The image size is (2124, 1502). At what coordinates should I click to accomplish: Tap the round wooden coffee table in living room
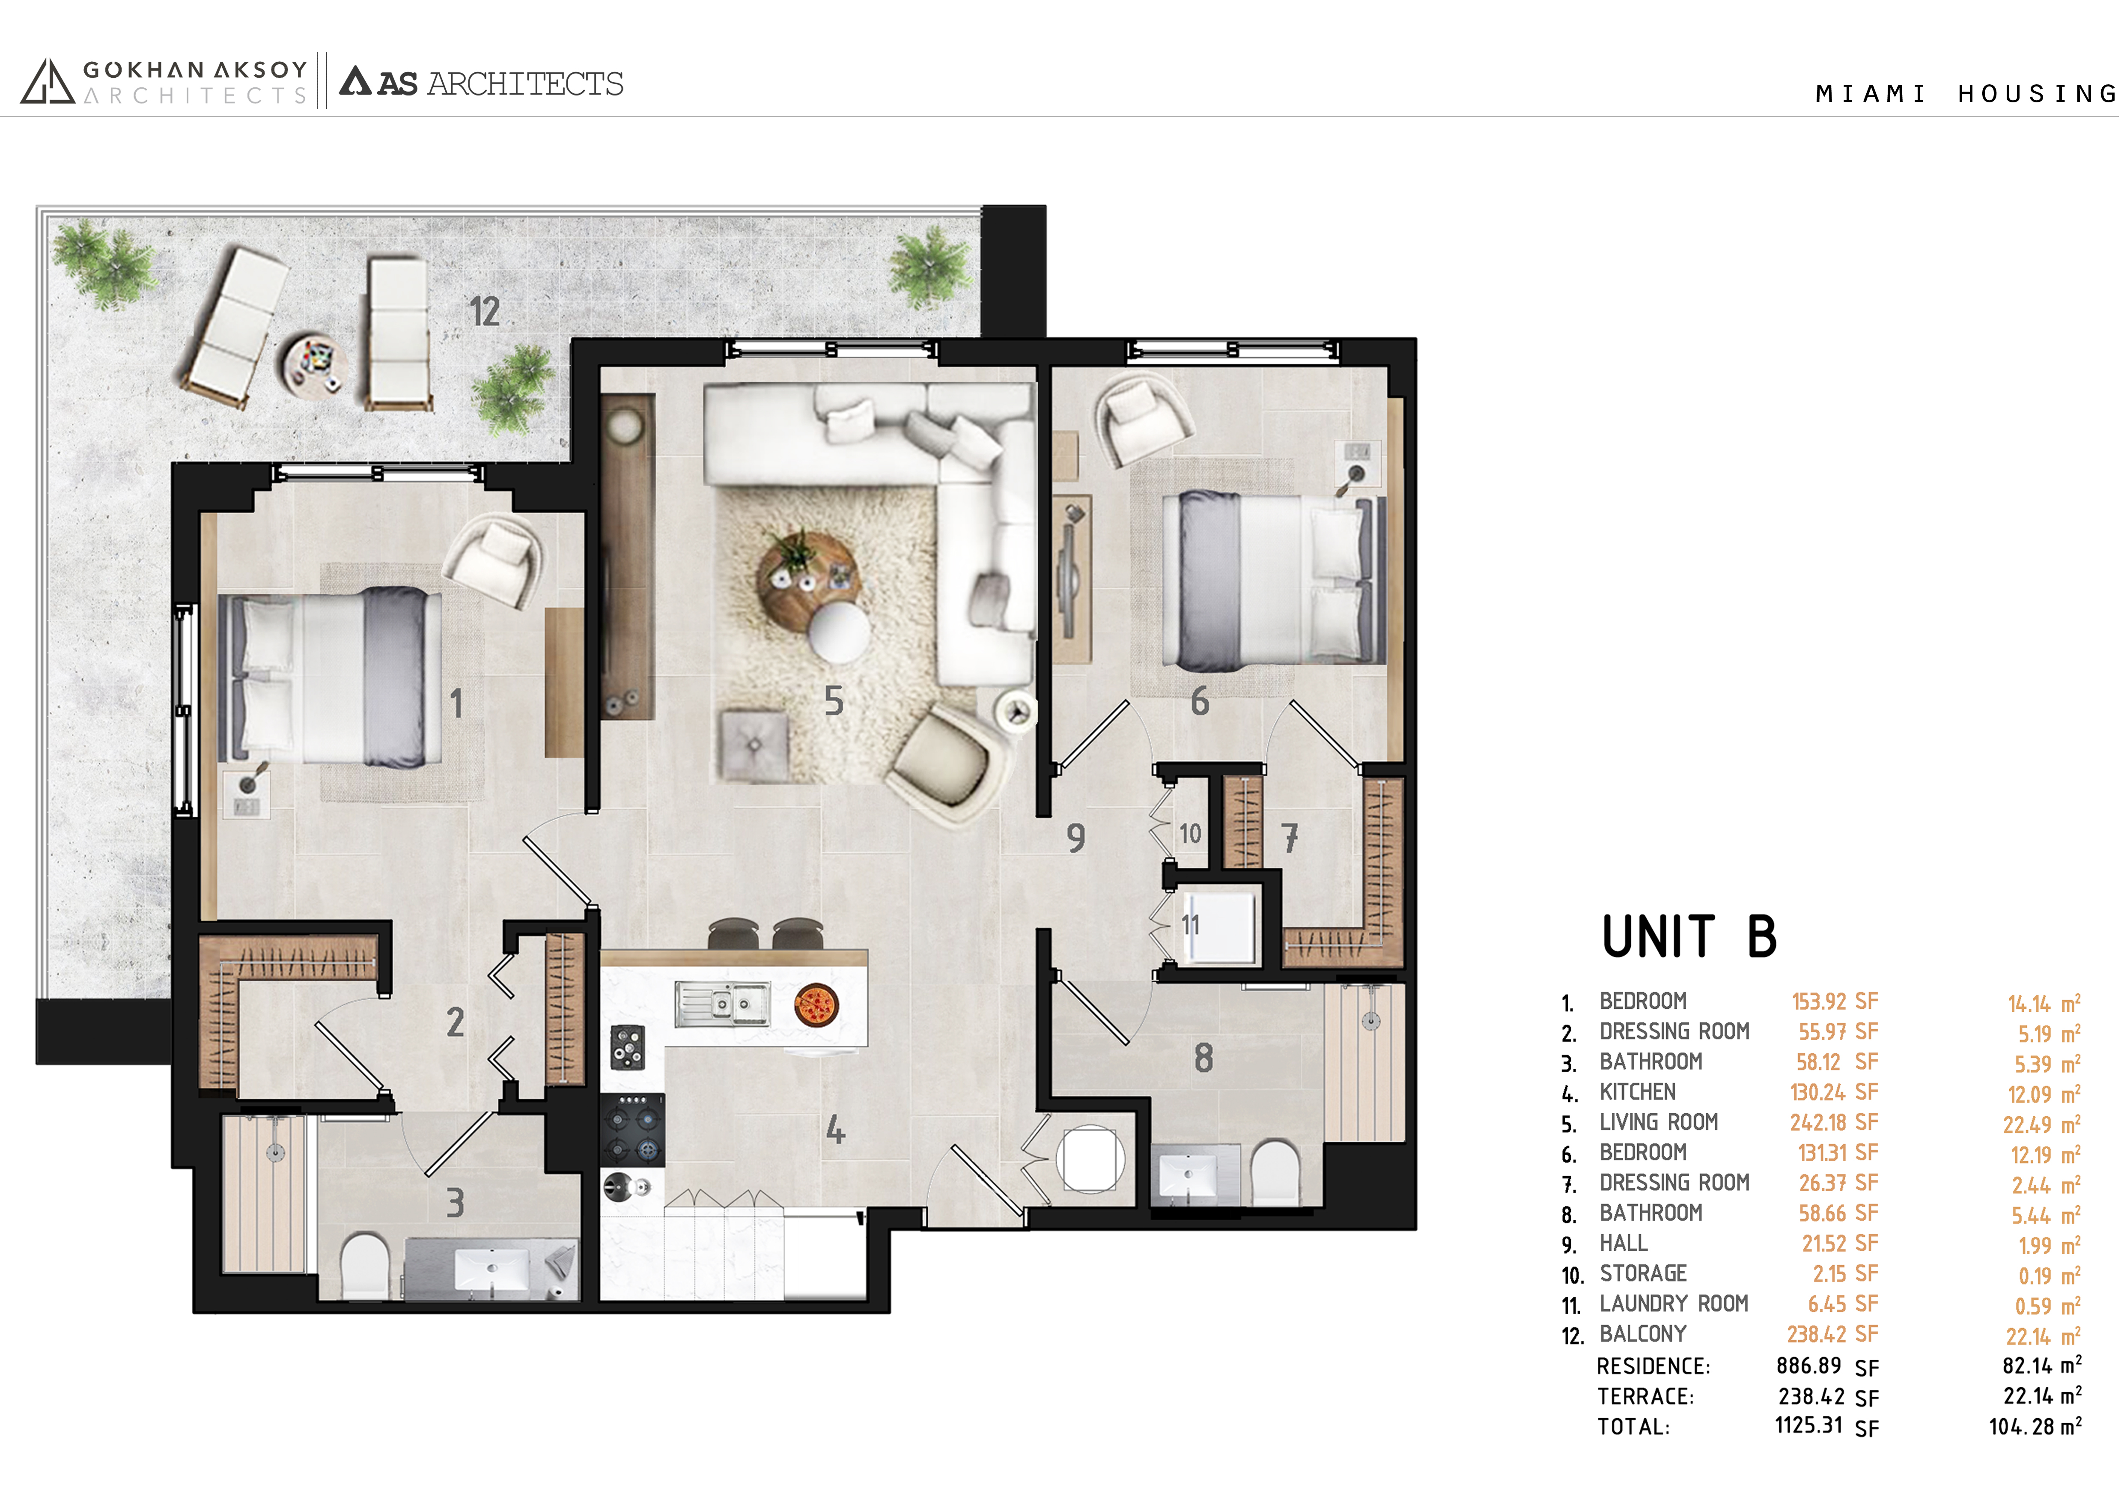point(807,577)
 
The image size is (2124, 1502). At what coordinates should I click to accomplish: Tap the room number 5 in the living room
point(834,702)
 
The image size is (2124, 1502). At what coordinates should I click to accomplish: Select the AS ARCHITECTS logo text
point(482,83)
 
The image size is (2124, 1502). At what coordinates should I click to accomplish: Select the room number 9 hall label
point(1075,838)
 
